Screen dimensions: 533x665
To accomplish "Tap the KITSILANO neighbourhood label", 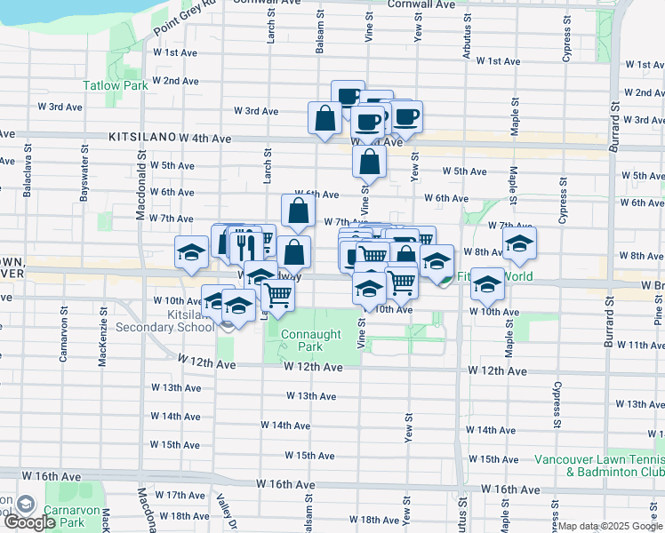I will (142, 139).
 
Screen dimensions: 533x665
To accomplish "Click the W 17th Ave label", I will (180, 495).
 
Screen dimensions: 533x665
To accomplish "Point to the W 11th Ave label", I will (640, 345).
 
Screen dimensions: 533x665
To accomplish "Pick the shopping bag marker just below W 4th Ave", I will (369, 163).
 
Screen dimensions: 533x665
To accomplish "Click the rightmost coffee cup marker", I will (406, 116).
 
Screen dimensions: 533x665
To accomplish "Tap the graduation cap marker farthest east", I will (520, 243).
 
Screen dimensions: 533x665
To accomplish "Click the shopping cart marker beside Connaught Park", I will (279, 295).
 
